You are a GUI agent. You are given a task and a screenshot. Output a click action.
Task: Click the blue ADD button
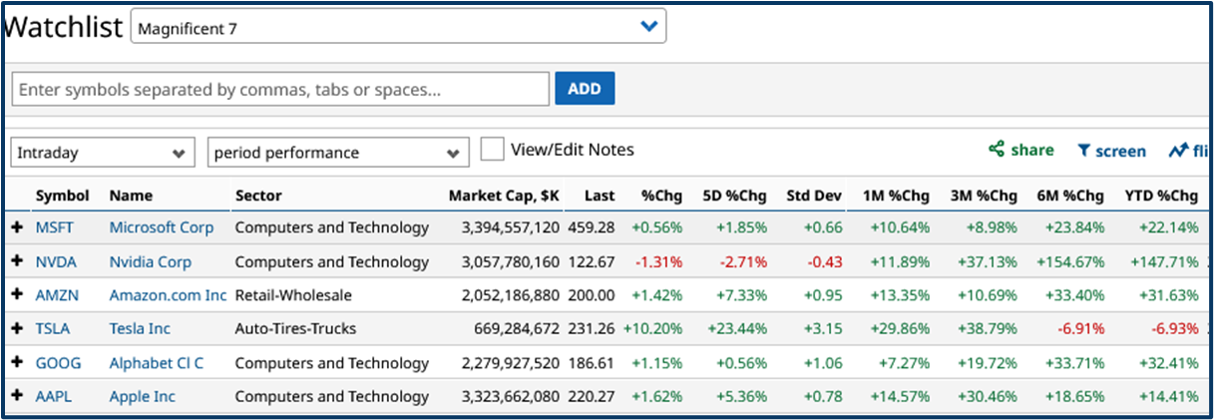coord(585,89)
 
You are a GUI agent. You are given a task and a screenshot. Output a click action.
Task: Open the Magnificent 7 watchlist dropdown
coord(398,27)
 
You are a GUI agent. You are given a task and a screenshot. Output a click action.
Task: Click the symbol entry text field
coord(280,90)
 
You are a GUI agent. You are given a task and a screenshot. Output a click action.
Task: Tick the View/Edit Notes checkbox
coord(492,151)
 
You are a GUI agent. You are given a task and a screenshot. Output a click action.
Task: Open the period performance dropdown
coord(337,153)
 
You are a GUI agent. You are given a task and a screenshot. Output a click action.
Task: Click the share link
coord(1021,151)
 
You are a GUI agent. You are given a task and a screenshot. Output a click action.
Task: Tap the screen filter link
coord(1111,152)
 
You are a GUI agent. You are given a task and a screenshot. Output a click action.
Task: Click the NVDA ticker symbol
coord(58,261)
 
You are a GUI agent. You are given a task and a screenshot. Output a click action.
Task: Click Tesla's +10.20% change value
coord(654,328)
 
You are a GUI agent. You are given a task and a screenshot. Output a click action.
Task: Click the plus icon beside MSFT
coord(16,227)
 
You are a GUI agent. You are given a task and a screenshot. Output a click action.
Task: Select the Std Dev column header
coord(813,196)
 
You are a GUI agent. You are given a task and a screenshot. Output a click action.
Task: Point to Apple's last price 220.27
coord(592,396)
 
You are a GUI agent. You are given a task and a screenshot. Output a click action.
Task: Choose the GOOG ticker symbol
coord(58,363)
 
